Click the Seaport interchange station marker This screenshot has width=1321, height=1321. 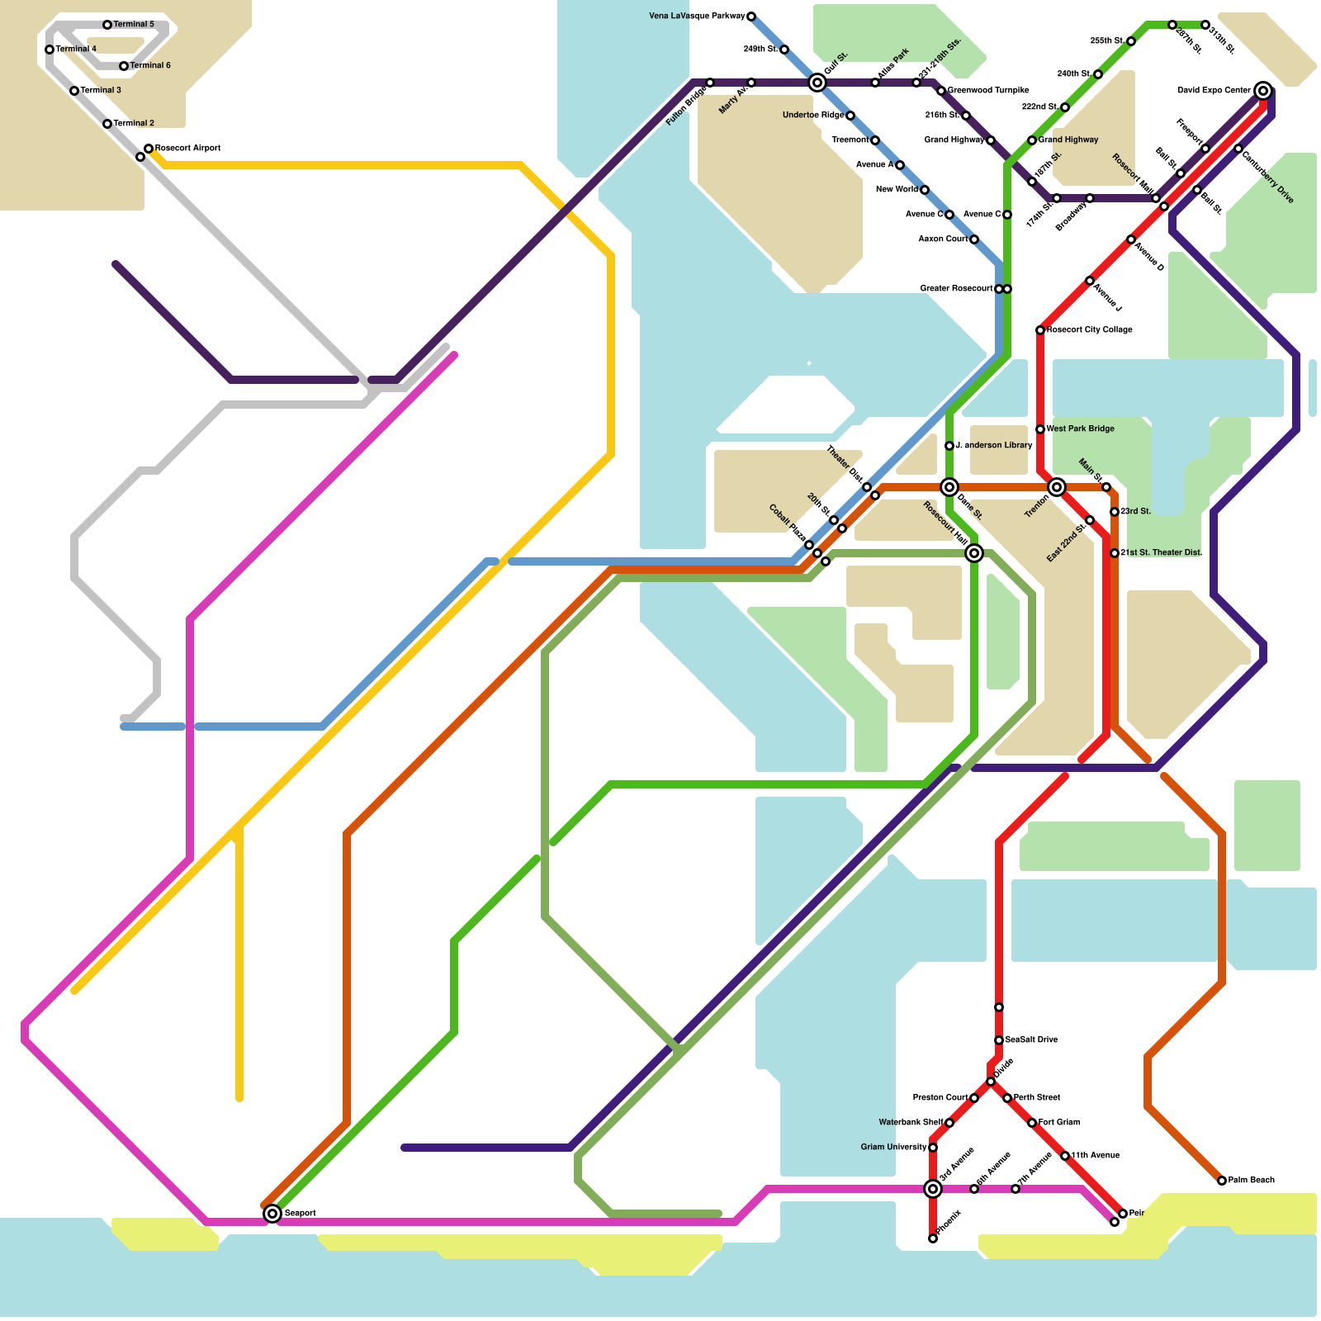coord(272,1214)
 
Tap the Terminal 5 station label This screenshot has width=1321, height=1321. coord(134,25)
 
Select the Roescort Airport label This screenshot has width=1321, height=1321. coord(187,149)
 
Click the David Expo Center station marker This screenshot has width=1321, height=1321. coord(1263,91)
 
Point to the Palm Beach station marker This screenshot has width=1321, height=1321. coord(1222,1181)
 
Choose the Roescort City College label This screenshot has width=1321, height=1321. coord(1089,330)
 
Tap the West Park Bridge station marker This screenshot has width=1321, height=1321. coord(1040,429)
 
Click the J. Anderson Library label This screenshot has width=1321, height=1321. coord(993,446)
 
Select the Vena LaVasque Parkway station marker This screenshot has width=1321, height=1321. coord(751,17)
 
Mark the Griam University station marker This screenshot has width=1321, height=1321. coord(933,1148)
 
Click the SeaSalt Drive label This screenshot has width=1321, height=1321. coord(1031,1040)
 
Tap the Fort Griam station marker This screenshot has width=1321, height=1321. coord(1032,1123)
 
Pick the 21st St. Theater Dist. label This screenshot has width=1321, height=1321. coord(1161,553)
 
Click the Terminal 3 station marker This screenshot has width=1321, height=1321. coord(74,91)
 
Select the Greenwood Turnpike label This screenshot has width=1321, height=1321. coord(988,91)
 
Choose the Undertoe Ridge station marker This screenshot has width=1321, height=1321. coord(850,116)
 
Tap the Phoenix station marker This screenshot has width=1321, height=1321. coord(933,1238)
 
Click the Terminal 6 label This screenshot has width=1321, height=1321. coord(150,66)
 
